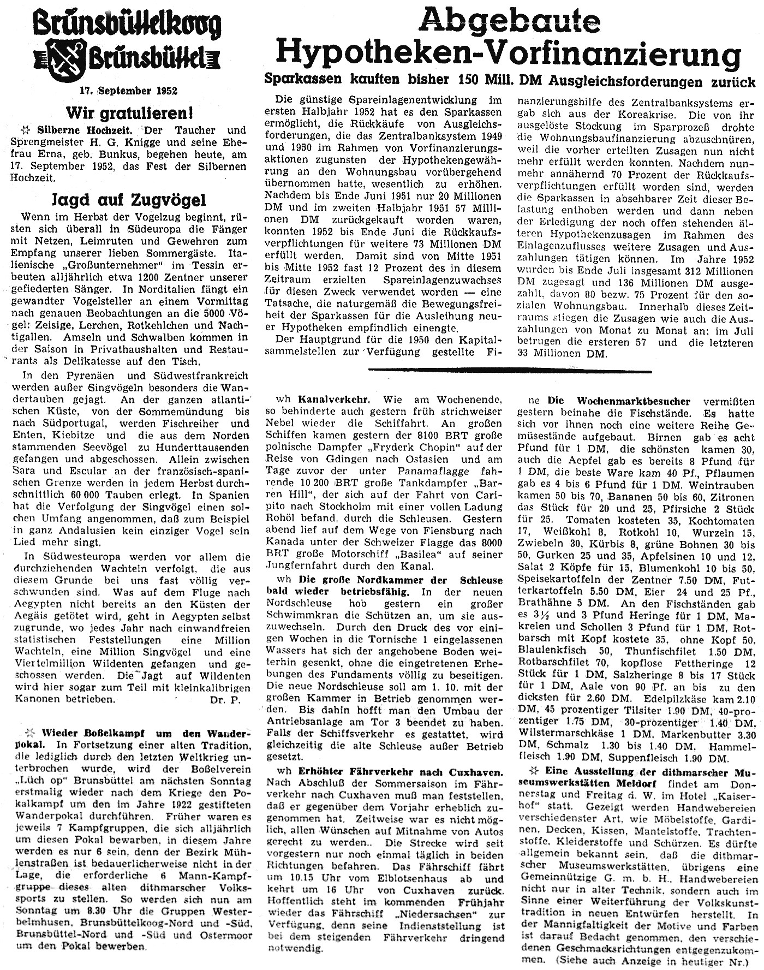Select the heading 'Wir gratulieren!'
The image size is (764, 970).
click(x=131, y=114)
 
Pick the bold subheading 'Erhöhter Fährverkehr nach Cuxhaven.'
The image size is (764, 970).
click(x=399, y=772)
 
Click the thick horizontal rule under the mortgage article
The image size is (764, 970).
click(x=510, y=370)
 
